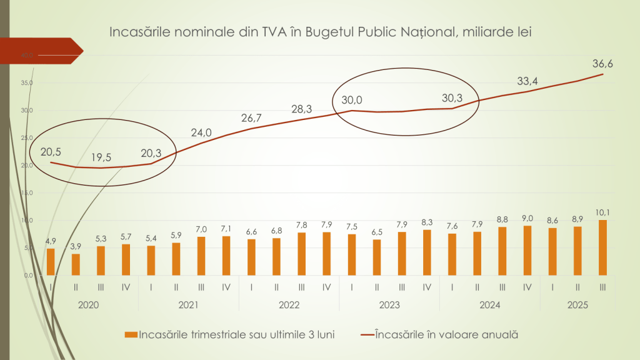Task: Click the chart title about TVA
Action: (320, 32)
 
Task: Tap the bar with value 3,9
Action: (76, 264)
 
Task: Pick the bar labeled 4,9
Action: (51, 262)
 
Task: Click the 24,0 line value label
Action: (201, 132)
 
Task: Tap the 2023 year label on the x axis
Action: (389, 306)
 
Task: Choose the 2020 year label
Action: (88, 306)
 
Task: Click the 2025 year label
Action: (577, 306)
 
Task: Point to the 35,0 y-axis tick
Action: (26, 83)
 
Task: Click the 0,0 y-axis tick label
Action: (27, 276)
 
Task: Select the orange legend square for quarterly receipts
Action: (130, 334)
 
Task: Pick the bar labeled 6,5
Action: (377, 257)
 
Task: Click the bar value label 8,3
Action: (427, 222)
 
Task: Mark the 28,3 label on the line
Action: (302, 109)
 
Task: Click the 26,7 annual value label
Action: (252, 117)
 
